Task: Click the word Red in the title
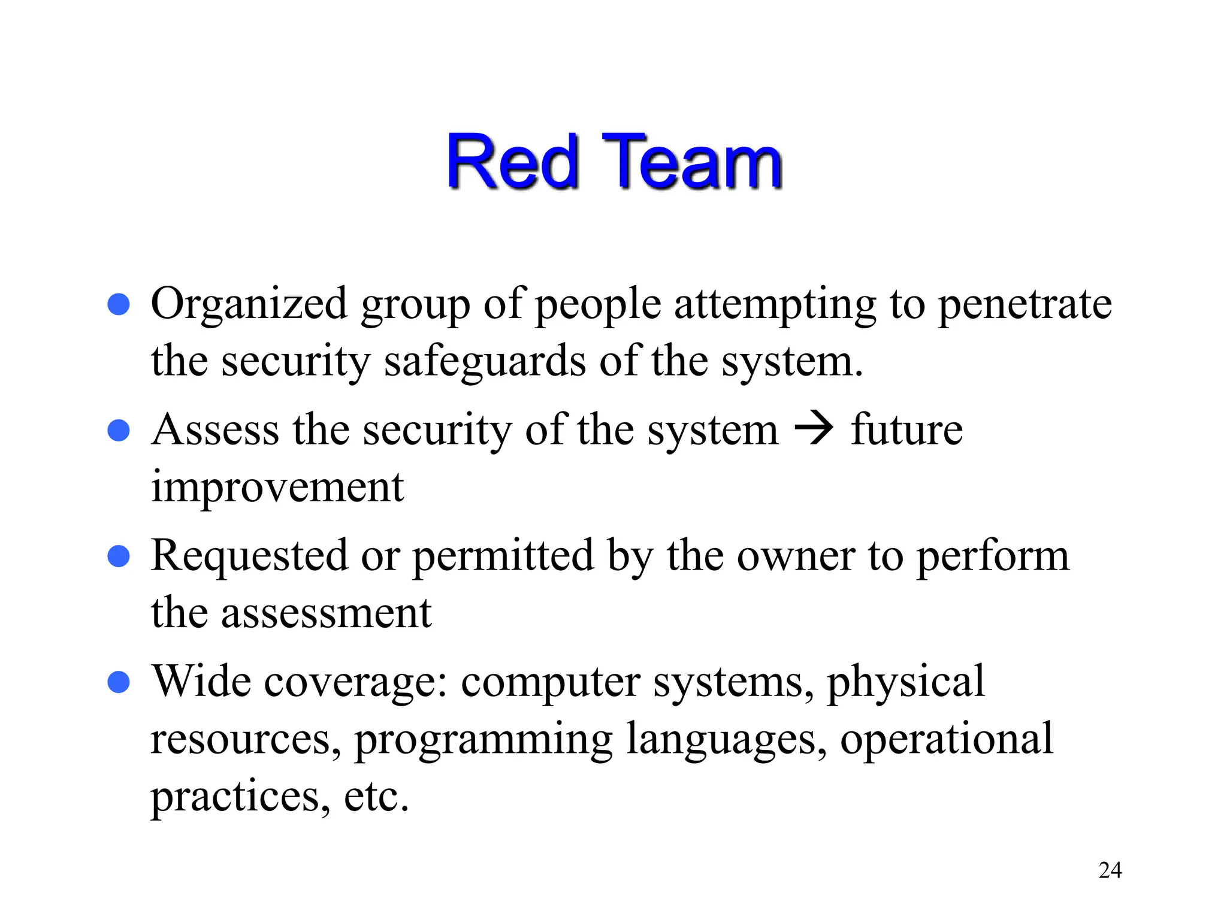(x=513, y=162)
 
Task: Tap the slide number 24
(x=1110, y=870)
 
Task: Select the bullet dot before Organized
(x=119, y=304)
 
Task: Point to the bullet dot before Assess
(x=119, y=430)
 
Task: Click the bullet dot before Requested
(x=119, y=556)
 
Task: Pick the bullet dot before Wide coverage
(x=119, y=682)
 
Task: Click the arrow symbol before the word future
(x=814, y=429)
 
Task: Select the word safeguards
(x=485, y=362)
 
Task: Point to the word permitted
(x=503, y=556)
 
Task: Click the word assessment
(x=326, y=614)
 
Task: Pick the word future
(x=906, y=430)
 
